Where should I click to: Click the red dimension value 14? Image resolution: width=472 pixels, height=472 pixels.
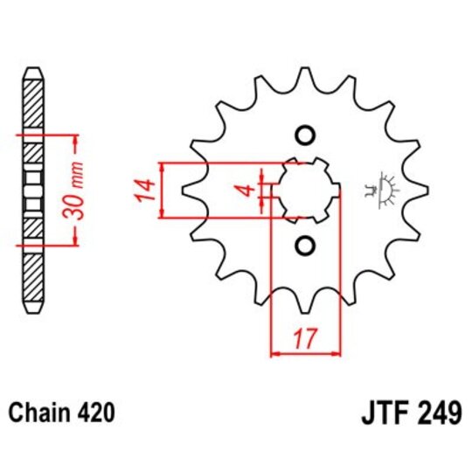point(146,190)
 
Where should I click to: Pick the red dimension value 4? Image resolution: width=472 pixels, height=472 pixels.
point(248,190)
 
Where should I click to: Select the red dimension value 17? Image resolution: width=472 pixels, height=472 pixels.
point(306,338)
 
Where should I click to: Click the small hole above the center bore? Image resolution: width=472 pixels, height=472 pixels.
point(304,135)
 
